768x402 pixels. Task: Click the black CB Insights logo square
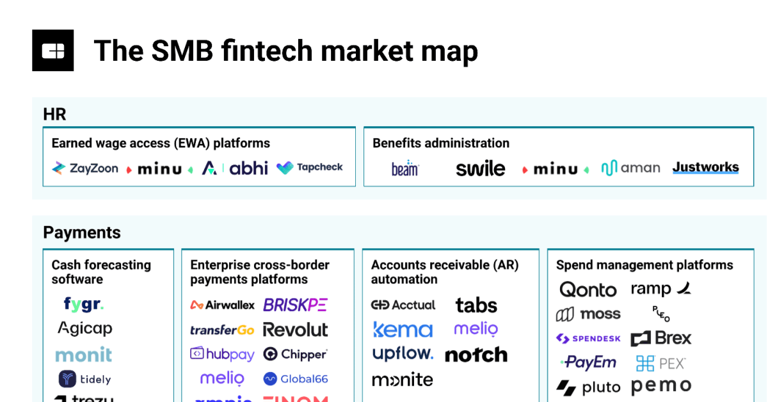click(x=52, y=50)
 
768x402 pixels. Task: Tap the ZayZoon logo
click(x=85, y=168)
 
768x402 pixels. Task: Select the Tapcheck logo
click(x=310, y=168)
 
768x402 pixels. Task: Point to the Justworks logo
click(x=705, y=168)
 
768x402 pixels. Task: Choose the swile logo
click(x=480, y=169)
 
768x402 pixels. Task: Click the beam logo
click(x=404, y=168)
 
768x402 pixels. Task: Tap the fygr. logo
click(x=83, y=303)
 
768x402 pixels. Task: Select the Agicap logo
click(x=84, y=328)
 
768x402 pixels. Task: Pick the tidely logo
click(x=84, y=379)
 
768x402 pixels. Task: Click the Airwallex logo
click(x=222, y=305)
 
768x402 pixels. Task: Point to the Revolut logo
click(x=295, y=330)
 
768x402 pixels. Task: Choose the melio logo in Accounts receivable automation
click(x=476, y=329)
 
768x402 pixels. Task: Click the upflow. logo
click(x=403, y=354)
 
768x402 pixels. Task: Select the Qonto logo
click(x=588, y=290)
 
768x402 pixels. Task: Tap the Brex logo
click(x=661, y=338)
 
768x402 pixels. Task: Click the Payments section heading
click(x=81, y=232)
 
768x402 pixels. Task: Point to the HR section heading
click(x=54, y=115)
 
